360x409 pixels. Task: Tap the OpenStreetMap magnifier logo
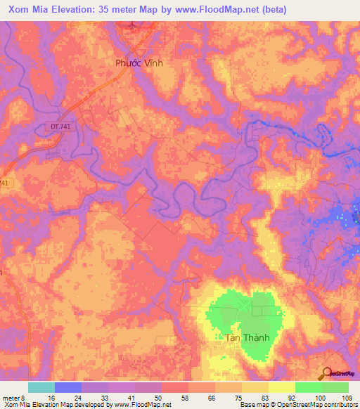(326, 374)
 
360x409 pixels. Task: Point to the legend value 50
(162, 397)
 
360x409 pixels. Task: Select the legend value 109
(349, 397)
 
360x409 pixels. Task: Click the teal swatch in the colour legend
(41, 387)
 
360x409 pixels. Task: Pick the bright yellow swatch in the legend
(281, 387)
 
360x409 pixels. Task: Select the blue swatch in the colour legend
(68, 387)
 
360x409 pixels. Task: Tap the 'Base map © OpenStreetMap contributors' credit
(298, 405)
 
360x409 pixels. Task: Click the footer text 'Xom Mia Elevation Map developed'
(49, 405)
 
